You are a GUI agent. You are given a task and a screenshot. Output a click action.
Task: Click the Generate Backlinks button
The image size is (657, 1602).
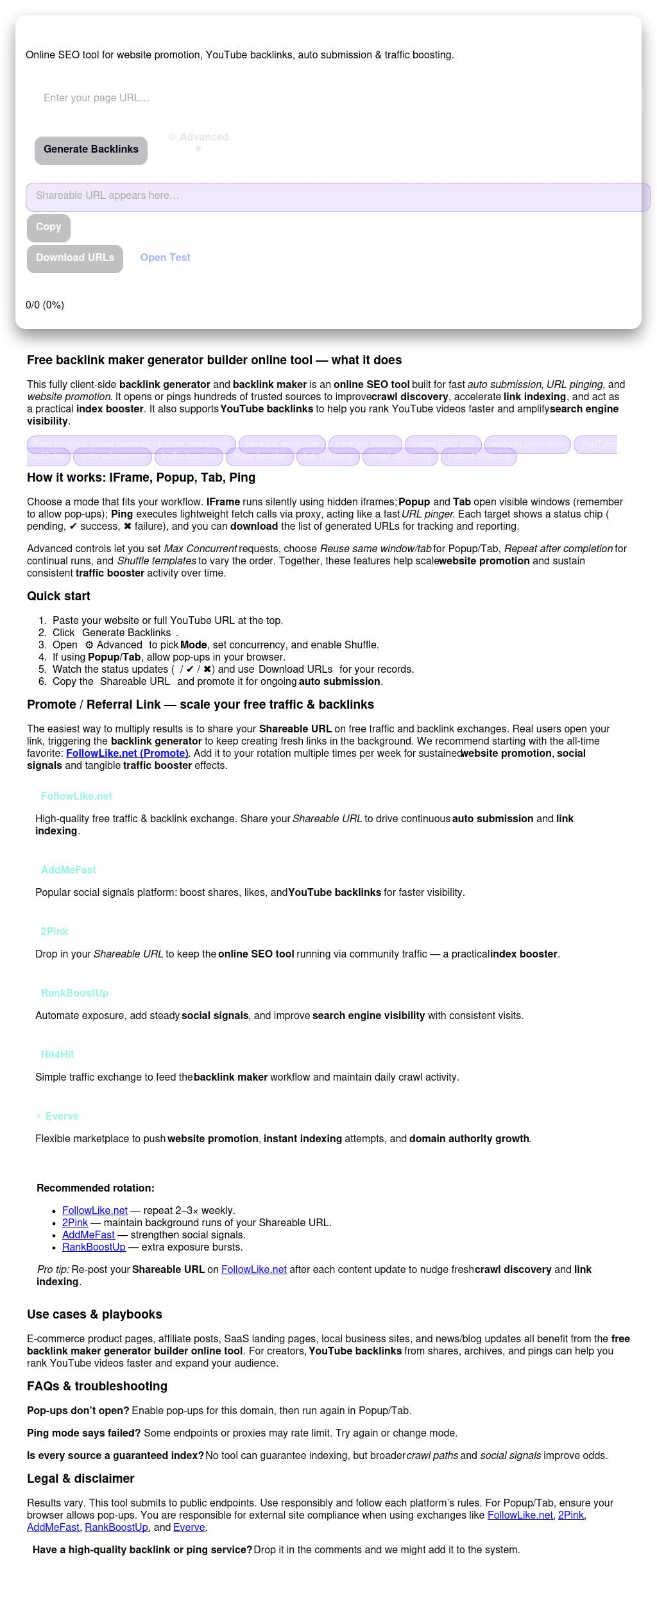(91, 150)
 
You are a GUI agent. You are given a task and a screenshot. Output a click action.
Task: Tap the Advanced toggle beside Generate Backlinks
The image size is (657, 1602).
(198, 142)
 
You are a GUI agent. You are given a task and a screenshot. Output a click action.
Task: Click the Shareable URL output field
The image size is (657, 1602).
(337, 196)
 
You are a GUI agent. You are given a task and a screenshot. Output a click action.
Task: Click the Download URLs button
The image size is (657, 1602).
(75, 258)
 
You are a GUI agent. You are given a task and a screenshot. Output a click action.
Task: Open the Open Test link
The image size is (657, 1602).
(165, 258)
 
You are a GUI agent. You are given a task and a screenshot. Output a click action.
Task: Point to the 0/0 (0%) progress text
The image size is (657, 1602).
(45, 305)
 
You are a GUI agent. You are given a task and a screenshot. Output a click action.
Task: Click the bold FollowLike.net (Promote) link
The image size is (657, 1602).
(127, 754)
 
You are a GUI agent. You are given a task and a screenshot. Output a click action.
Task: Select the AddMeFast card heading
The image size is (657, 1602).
(68, 870)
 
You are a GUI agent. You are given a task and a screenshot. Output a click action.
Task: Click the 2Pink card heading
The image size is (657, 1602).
(55, 932)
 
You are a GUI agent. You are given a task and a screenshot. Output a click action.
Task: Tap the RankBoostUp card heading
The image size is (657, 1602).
(74, 993)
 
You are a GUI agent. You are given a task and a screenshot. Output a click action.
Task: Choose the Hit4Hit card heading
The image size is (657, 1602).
(57, 1055)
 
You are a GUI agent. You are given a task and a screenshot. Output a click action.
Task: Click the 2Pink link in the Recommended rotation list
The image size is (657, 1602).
(75, 1223)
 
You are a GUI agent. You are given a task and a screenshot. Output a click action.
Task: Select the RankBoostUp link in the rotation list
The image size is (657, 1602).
(94, 1247)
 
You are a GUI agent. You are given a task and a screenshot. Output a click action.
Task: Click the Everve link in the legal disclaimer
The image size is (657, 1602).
(189, 1528)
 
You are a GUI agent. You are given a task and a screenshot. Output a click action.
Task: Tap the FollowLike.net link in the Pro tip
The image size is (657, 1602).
(254, 1270)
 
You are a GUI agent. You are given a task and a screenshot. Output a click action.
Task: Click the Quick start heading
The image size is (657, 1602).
(58, 596)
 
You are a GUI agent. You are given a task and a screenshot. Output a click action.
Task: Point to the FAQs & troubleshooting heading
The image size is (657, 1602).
(97, 1387)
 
